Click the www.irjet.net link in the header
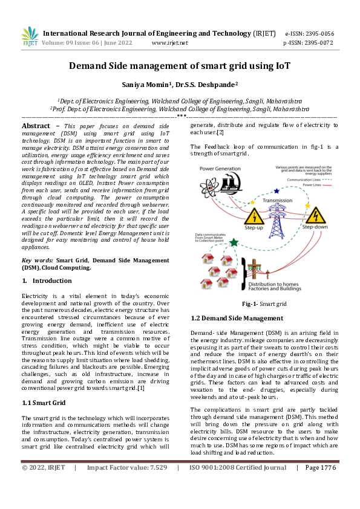click(169, 43)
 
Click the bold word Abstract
click(36, 125)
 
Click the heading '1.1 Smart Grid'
click(43, 401)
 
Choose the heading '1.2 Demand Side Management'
click(228, 317)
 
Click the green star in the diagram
click(234, 242)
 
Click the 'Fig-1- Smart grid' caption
click(264, 303)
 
